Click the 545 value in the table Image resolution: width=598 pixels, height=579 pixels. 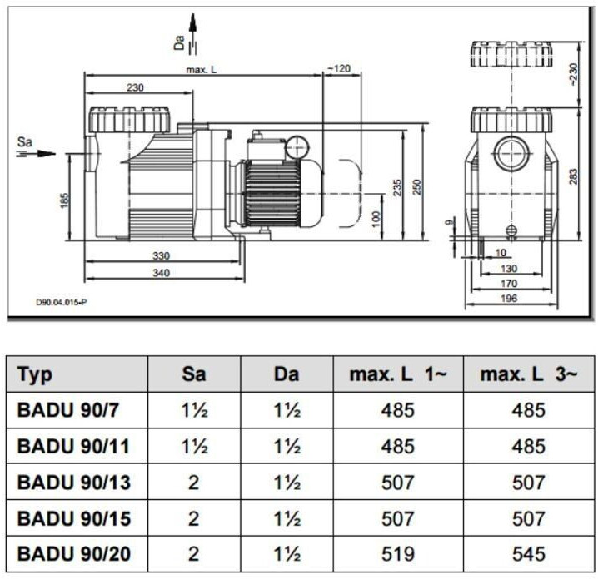click(x=528, y=554)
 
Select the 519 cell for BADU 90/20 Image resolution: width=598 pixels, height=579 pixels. click(x=398, y=554)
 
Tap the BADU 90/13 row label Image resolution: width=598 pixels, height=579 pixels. click(x=74, y=482)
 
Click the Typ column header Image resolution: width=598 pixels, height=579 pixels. click(x=35, y=375)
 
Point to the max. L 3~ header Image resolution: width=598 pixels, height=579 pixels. click(x=529, y=374)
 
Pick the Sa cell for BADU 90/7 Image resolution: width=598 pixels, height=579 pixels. click(x=195, y=410)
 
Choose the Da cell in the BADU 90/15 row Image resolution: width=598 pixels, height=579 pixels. click(x=287, y=518)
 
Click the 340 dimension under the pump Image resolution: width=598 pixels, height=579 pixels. click(x=161, y=273)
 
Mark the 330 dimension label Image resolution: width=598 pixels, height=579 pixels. click(x=161, y=255)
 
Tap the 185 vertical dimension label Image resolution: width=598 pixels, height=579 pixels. click(x=64, y=200)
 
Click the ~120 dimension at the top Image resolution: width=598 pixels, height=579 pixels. click(x=339, y=68)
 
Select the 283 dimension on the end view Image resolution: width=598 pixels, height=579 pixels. click(x=574, y=176)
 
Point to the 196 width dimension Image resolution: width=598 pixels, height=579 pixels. click(x=509, y=299)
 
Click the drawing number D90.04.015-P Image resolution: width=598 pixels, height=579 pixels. click(x=61, y=303)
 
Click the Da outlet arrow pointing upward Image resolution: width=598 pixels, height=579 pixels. click(x=193, y=33)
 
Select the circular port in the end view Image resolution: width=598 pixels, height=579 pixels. click(x=511, y=154)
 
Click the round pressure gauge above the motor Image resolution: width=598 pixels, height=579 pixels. click(x=297, y=146)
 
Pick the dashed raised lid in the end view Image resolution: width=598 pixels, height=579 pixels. click(x=511, y=54)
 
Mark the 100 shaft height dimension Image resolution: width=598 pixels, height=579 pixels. click(x=376, y=219)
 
